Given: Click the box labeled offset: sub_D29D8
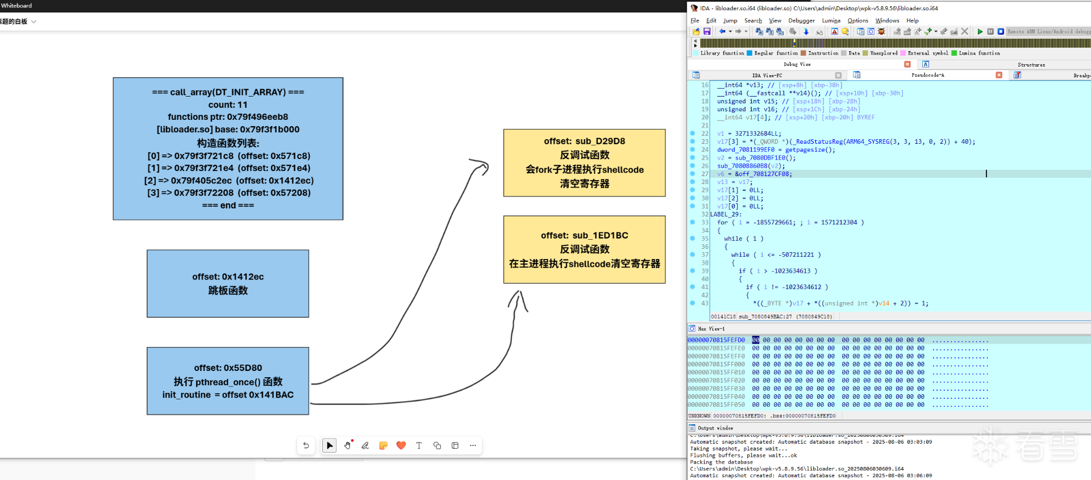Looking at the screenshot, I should (584, 162).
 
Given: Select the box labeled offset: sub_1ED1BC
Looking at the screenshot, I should (584, 249).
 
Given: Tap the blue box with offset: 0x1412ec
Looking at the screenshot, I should (228, 283).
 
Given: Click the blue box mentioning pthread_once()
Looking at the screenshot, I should (228, 381).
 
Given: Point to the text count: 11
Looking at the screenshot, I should (228, 105).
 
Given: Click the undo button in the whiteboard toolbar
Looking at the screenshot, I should (306, 445).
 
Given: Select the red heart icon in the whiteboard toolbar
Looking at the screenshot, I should (401, 445).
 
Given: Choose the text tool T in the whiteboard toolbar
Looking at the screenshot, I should (419, 445).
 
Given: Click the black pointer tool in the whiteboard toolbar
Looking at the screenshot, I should (330, 445).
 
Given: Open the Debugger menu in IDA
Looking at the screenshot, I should (801, 20).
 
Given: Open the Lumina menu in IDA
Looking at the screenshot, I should (831, 20).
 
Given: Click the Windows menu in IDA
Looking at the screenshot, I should (887, 20).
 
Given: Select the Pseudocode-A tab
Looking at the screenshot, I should (927, 75).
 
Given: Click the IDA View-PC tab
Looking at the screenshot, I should (767, 75).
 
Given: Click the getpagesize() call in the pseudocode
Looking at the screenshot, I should (810, 150).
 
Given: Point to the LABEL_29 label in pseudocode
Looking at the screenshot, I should (725, 214).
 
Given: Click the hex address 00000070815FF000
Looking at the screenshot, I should (716, 364).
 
